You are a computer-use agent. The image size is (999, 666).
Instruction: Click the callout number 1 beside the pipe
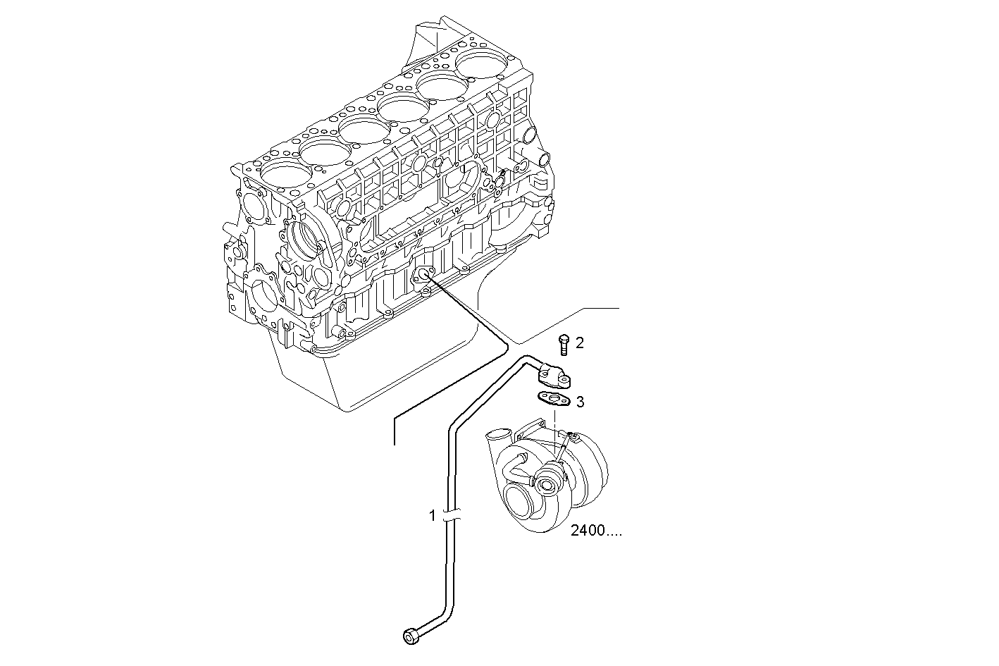click(x=433, y=516)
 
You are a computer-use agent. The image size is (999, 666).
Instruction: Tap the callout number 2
click(x=580, y=343)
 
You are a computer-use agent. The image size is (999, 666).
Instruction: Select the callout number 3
click(x=580, y=402)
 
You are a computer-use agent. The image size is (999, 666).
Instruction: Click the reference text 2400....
click(x=596, y=531)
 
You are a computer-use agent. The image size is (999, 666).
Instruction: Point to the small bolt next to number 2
click(x=564, y=345)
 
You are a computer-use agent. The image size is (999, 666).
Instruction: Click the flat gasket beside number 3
click(x=554, y=401)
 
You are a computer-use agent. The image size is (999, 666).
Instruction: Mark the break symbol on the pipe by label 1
click(x=452, y=515)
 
